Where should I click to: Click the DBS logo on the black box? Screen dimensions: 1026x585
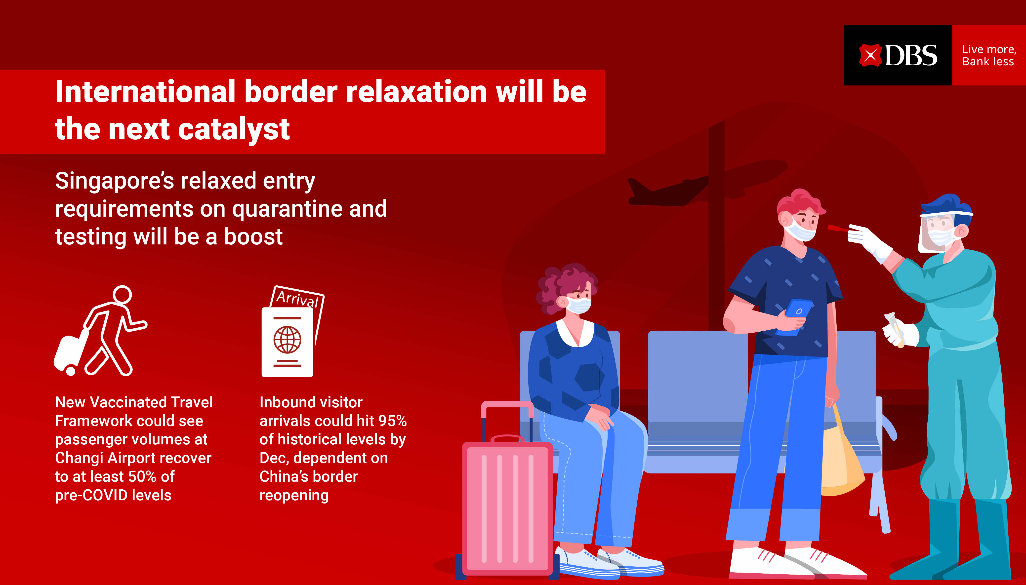click(x=898, y=55)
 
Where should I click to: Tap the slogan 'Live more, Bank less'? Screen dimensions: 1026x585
click(x=989, y=55)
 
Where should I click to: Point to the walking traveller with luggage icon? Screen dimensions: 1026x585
click(x=100, y=331)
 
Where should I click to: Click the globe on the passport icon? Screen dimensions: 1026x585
click(x=287, y=340)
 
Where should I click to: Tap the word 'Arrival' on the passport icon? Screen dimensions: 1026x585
click(x=297, y=298)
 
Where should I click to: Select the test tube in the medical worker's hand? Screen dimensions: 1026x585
click(x=895, y=329)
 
